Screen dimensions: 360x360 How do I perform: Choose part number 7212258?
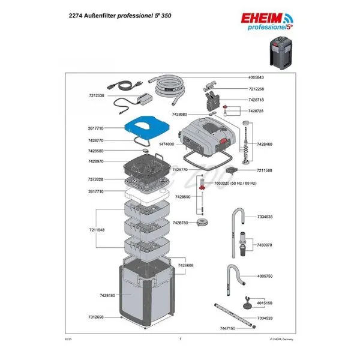pyautogui.click(x=256, y=89)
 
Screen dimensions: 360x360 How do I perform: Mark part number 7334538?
pyautogui.click(x=265, y=217)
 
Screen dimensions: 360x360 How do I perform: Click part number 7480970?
pyautogui.click(x=265, y=245)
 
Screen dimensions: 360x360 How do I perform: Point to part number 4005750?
pyautogui.click(x=265, y=276)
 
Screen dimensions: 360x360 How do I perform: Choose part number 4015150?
pyautogui.click(x=265, y=303)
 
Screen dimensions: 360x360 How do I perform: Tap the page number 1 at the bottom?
pyautogui.click(x=180, y=339)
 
